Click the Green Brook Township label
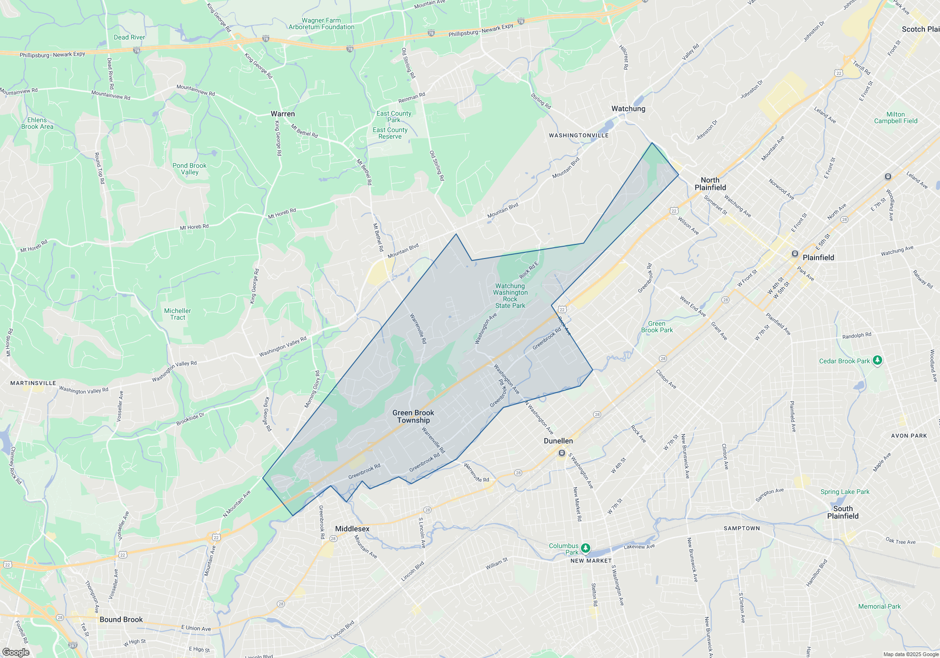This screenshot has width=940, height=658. (413, 416)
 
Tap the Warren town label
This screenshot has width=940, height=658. (282, 114)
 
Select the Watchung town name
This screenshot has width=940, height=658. (628, 109)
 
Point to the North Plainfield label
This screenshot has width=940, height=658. (710, 184)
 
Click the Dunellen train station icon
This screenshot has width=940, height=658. (561, 453)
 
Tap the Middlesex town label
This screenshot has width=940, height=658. (352, 529)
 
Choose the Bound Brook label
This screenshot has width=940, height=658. (121, 619)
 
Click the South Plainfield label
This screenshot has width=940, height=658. (843, 512)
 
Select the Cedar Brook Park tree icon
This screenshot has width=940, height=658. (877, 360)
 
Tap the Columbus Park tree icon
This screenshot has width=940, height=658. (585, 548)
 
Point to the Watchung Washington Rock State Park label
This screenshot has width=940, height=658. (510, 296)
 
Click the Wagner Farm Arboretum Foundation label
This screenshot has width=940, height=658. (321, 23)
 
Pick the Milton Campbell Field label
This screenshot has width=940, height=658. (895, 117)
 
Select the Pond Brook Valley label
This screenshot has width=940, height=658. (189, 169)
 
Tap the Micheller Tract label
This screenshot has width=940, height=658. (178, 314)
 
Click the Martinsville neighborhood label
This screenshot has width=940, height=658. (33, 383)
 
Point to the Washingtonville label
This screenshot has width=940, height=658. (579, 135)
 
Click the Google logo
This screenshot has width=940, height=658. (16, 652)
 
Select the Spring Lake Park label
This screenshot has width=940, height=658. (845, 492)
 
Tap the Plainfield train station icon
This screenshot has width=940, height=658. (795, 254)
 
